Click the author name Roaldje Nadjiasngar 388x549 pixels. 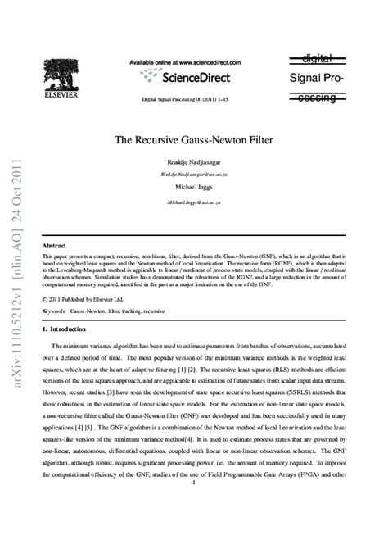pos(194,161)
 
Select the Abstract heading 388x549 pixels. pos(54,245)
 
